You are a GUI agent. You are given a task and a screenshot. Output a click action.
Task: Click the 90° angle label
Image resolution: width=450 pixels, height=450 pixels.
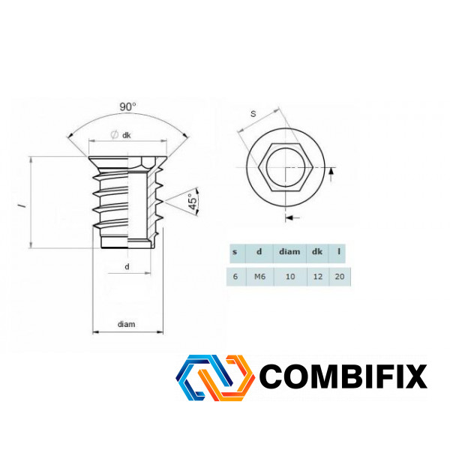point(127,106)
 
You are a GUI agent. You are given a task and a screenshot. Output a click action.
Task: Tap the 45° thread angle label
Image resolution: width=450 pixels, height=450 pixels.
point(193,202)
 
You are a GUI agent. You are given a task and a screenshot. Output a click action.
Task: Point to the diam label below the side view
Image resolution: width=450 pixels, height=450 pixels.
point(126,324)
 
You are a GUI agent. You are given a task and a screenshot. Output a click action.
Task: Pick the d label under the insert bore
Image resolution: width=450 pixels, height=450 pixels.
point(127,266)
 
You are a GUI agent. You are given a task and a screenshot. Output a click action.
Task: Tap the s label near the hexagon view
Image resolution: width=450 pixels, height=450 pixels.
point(253,114)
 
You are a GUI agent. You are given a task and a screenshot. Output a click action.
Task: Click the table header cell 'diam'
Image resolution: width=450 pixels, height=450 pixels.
point(289,252)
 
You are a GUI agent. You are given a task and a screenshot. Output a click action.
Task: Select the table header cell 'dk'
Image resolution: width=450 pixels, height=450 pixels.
point(316,252)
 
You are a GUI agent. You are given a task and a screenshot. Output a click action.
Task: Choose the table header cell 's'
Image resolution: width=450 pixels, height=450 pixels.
point(235,252)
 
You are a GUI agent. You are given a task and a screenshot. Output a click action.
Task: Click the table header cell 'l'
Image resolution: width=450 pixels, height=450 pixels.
point(339,251)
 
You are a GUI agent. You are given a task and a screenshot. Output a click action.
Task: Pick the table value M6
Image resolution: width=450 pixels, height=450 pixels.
point(259,276)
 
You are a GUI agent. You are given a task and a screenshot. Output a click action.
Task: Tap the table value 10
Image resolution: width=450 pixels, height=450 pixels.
point(290,276)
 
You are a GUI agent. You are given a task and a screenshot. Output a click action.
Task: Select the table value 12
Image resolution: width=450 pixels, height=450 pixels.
point(318,276)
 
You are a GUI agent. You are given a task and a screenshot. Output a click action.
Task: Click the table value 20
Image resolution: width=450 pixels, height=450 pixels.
point(340,276)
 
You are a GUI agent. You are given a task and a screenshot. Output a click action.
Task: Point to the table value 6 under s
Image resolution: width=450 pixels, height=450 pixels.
point(235,276)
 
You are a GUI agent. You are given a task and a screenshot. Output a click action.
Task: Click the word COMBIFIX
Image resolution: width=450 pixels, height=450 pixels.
point(343,376)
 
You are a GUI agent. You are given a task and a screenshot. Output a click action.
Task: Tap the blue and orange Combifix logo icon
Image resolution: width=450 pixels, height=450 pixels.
point(215,377)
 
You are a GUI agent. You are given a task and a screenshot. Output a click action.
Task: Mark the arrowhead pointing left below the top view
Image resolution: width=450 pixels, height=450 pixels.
point(289,217)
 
